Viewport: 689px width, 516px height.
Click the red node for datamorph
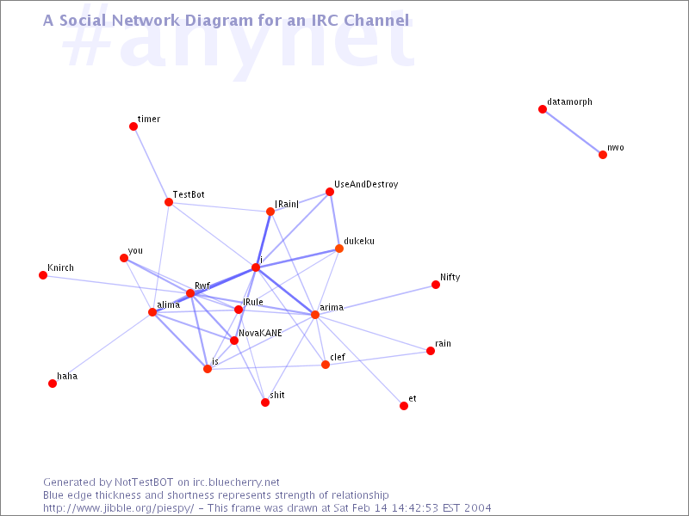543,109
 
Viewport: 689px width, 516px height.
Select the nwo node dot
603,155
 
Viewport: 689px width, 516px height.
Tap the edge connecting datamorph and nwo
573,132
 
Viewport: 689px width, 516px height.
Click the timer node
133,126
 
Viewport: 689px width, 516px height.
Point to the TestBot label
189,194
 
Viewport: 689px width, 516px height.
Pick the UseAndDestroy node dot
330,192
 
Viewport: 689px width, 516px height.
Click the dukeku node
339,249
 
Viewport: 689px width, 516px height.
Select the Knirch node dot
43,275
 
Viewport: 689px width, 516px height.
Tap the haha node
53,384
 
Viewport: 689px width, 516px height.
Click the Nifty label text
450,277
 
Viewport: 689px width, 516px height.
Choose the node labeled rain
431,351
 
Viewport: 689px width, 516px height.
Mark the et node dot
404,406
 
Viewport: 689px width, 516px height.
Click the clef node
326,365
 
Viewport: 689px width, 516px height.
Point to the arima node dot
315,315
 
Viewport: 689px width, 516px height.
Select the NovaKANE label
260,333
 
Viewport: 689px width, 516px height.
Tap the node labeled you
124,258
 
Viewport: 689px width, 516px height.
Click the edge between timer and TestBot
152,164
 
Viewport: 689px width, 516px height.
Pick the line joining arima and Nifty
376,299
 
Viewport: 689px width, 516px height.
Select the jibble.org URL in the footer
118,508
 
